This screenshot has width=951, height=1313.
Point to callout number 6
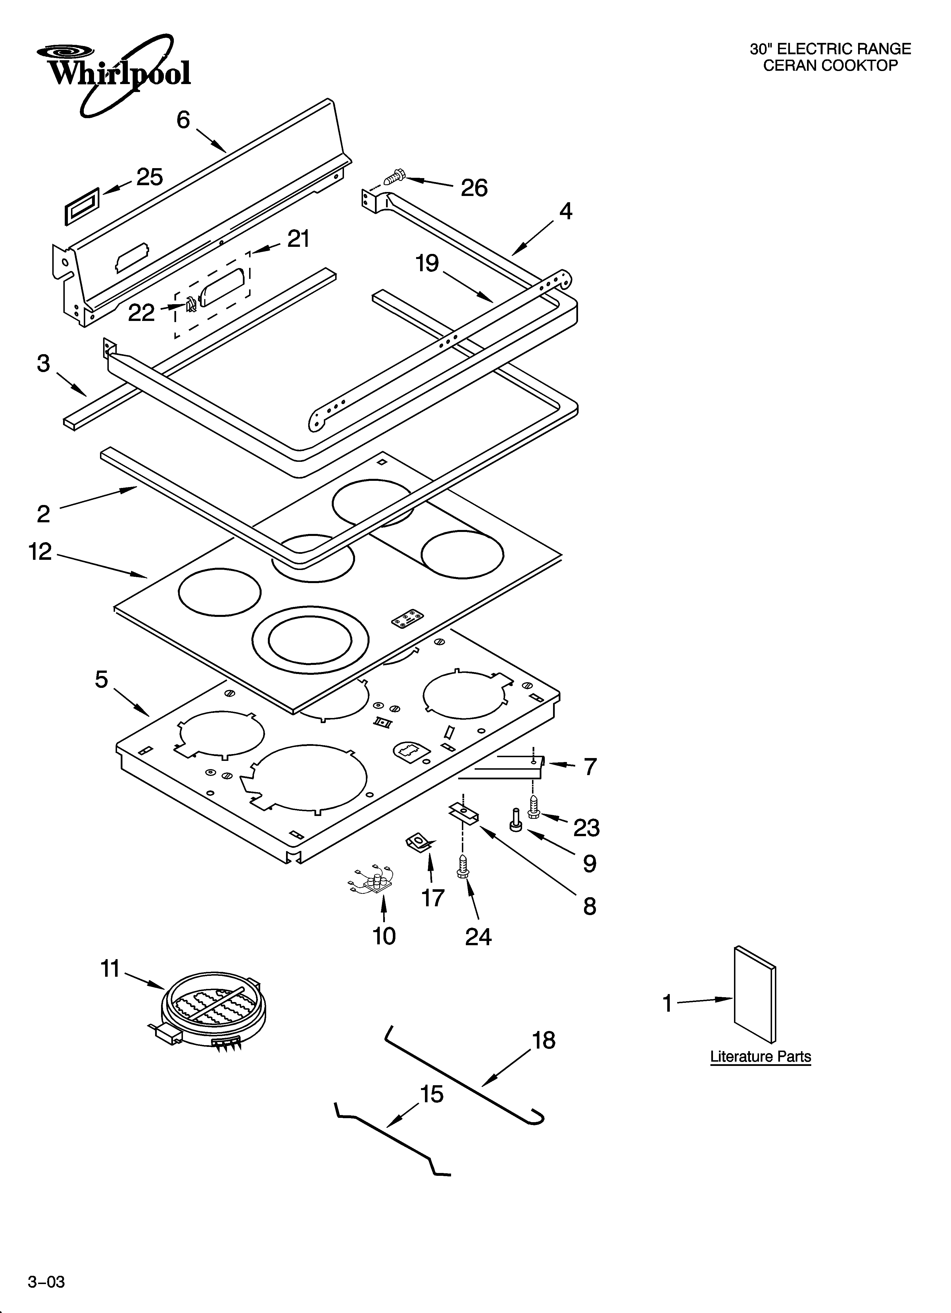[183, 120]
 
